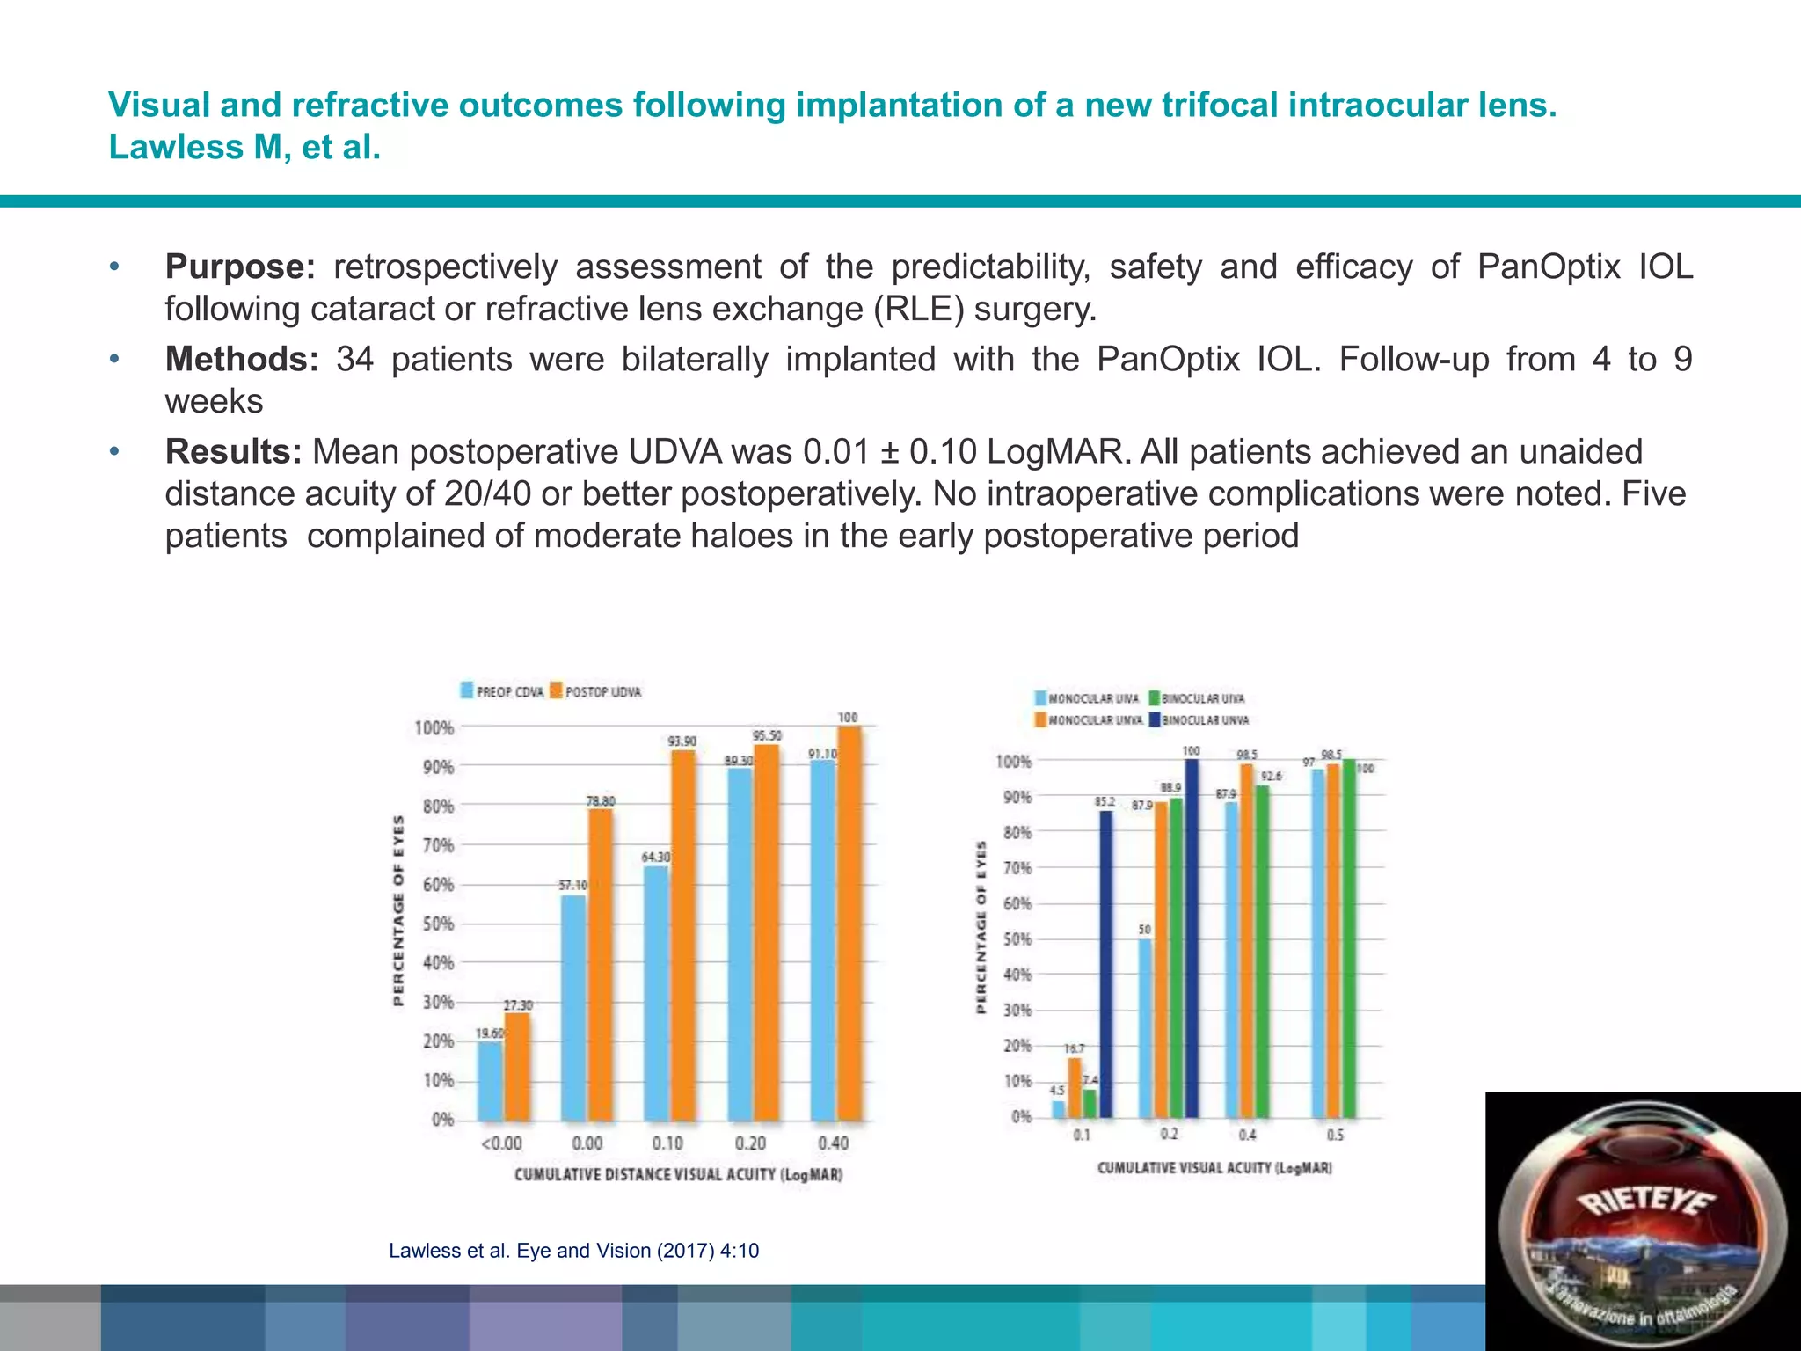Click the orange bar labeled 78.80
coord(600,963)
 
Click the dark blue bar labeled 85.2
coord(1105,963)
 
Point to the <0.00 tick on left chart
coord(501,1143)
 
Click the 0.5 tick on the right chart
coord(1335,1136)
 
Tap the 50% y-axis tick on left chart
coord(438,924)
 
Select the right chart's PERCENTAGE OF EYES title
coord(981,928)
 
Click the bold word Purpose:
coord(239,267)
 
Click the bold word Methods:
coord(242,359)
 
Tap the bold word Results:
coord(233,451)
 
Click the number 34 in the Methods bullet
coord(355,359)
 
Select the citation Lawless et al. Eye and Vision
coord(573,1251)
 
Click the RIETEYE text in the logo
coord(1646,1202)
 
